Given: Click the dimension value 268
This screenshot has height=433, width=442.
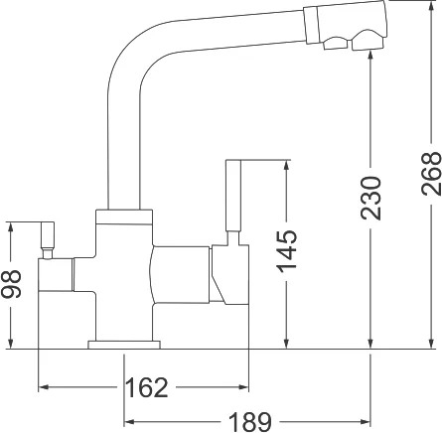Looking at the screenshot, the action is (431, 174).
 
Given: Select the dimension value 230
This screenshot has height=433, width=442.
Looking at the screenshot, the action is (370, 198).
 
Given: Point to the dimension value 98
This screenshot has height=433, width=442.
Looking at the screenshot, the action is (11, 283).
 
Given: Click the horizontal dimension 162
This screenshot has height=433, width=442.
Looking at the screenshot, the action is (147, 387).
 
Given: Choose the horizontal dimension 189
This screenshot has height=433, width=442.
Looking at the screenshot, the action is (250, 422).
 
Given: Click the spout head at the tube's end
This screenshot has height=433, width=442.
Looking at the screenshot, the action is (346, 26).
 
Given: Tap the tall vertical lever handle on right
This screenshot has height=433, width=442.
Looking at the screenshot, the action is (233, 196).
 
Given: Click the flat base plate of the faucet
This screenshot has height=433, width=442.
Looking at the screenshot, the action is (124, 345).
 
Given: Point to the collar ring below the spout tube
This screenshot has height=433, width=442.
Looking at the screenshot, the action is (124, 216).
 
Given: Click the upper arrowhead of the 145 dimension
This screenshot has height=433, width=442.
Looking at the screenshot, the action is (287, 165).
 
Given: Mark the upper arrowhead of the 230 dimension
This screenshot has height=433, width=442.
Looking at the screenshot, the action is (370, 55).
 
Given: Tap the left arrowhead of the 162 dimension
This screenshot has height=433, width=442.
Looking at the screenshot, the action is (44, 387).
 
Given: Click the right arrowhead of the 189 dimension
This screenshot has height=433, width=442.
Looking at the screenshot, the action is (366, 422).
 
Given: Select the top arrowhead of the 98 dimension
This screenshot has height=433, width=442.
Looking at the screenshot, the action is (11, 227).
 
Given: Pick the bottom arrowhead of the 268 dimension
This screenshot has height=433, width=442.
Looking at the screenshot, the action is (431, 344).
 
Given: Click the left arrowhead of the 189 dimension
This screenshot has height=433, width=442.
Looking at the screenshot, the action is (128, 422).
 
